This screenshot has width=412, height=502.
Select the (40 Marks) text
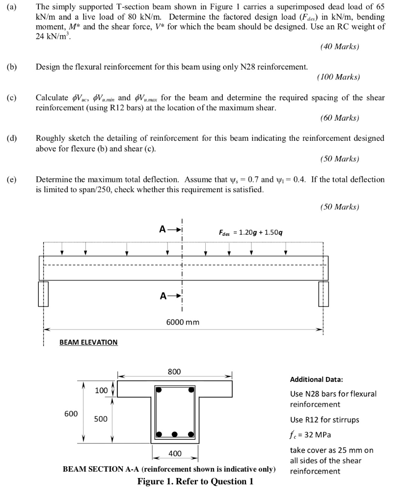click(339, 47)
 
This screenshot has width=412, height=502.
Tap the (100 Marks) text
click(338, 77)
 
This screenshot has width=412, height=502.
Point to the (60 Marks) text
click(339, 118)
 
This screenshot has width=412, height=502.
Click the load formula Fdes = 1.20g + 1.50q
click(250, 231)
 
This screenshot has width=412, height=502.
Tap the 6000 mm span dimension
click(183, 322)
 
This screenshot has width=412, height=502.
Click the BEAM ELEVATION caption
click(88, 342)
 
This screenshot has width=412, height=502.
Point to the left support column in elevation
click(43, 293)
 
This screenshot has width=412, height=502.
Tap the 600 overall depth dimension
click(71, 414)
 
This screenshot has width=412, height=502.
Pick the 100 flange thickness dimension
click(101, 390)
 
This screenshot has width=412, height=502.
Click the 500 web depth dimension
click(101, 420)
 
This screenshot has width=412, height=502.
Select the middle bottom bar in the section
click(175, 434)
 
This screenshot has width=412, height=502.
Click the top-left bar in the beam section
click(159, 390)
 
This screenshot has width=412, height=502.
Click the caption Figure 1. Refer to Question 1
click(195, 481)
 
